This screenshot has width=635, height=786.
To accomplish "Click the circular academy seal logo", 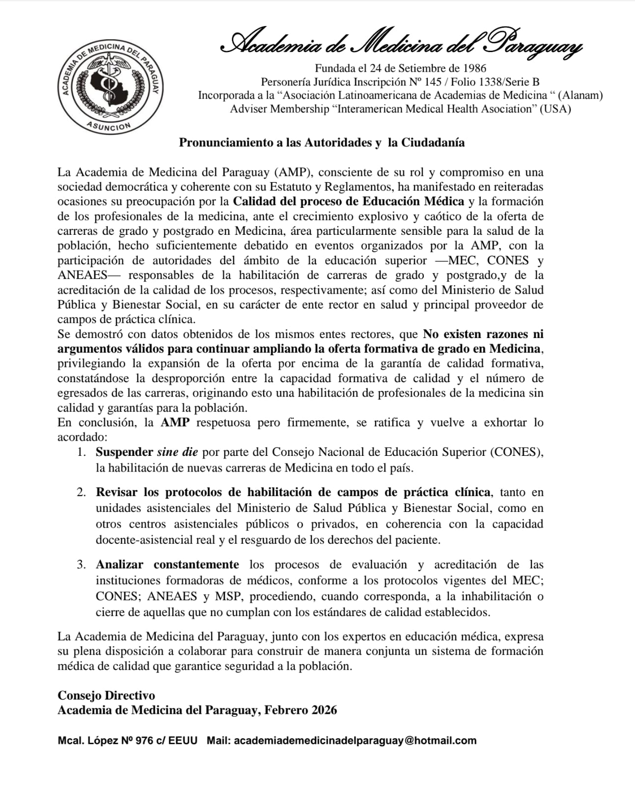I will (110, 87).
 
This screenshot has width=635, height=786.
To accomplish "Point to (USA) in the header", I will (555, 109).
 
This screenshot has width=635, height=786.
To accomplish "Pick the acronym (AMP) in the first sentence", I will (292, 172).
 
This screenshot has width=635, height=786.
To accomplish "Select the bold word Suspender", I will (125, 452).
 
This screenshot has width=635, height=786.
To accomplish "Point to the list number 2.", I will (82, 492).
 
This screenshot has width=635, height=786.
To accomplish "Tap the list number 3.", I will (82, 564).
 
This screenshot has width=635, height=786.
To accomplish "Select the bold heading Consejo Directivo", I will (106, 695).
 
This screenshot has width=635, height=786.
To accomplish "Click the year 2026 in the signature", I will (324, 710).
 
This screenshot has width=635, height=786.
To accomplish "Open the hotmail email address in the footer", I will (355, 740).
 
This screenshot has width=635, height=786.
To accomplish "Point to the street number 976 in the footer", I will (145, 740).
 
